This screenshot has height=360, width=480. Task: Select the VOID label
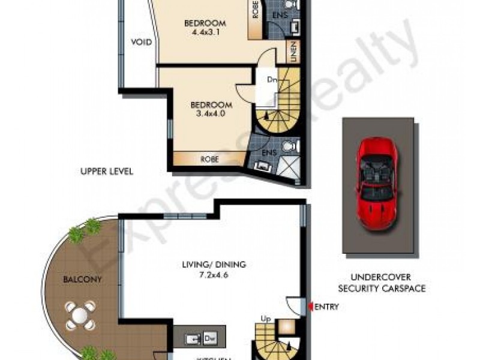tap(141, 43)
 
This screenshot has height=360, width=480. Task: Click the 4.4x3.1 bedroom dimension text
tap(201, 33)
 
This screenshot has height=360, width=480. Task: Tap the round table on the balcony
tap(80, 315)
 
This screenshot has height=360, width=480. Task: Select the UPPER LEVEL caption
tap(106, 171)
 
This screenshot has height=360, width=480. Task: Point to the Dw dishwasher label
tap(209, 338)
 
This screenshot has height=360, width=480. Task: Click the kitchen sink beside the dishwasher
tap(194, 338)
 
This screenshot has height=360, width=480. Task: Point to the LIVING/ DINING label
tap(214, 264)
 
